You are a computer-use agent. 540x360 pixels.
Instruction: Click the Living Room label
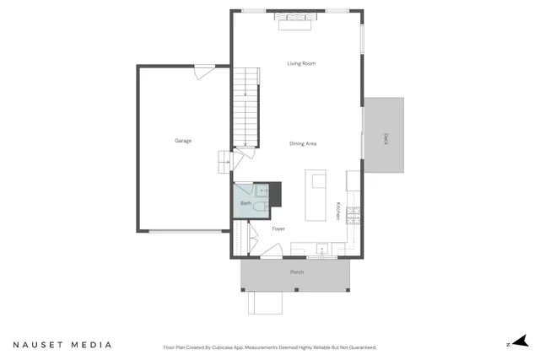pyautogui.click(x=301, y=63)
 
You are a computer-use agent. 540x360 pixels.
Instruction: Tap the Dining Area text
pyautogui.click(x=303, y=144)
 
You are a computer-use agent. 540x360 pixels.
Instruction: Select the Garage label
pyautogui.click(x=183, y=141)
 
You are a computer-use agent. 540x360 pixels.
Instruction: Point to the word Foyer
pyautogui.click(x=278, y=228)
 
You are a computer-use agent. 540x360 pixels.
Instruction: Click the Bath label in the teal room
pyautogui.click(x=246, y=203)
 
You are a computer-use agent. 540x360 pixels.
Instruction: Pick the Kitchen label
pyautogui.click(x=339, y=212)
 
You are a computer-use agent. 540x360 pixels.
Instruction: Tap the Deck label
pyautogui.click(x=386, y=138)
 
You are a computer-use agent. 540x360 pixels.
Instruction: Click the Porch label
pyautogui.click(x=297, y=272)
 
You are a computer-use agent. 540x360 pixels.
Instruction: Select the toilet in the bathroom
pyautogui.click(x=261, y=205)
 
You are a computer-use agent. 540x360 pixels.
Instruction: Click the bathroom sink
pyautogui.click(x=261, y=191)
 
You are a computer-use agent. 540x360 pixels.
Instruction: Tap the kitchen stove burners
pyautogui.click(x=354, y=217)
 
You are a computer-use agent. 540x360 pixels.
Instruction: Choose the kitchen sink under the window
pyautogui.click(x=321, y=249)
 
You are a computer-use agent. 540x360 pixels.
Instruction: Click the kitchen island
pyautogui.click(x=315, y=194)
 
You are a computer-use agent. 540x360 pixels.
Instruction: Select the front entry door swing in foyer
pyautogui.click(x=273, y=252)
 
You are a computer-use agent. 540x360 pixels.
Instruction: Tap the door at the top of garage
pyautogui.click(x=202, y=74)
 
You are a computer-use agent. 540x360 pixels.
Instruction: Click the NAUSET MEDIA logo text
pyautogui.click(x=62, y=345)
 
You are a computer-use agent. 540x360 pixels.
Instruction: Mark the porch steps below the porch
pyautogui.click(x=264, y=302)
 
